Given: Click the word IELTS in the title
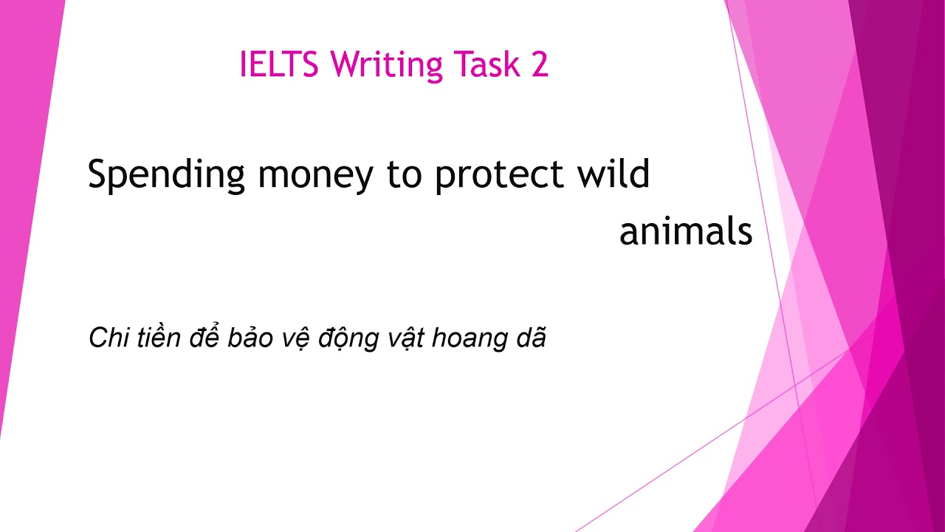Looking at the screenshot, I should click(x=278, y=65).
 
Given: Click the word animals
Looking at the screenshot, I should click(x=686, y=232).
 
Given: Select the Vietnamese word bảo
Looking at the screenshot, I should click(x=248, y=338).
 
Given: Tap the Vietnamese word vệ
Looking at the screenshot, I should click(x=293, y=339).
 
